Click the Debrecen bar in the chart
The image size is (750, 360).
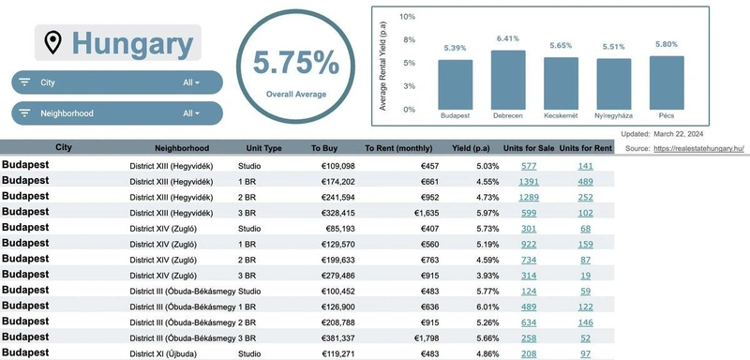pos(508,80)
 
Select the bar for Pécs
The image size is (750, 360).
pos(667,82)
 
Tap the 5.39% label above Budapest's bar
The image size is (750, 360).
pos(455,48)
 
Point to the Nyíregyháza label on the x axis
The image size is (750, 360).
pos(614,115)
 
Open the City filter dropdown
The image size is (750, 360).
pos(117,82)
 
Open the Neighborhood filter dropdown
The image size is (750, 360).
pos(117,113)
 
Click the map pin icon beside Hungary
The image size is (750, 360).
pos(52,42)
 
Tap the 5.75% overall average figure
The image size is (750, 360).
pos(296,63)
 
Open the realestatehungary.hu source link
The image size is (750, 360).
pos(698,149)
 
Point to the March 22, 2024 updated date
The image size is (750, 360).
pos(678,134)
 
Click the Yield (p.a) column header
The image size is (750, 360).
pos(472,148)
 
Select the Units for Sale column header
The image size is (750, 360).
pos(529,148)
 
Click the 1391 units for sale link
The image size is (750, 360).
pos(529,182)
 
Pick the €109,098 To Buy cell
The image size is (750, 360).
pos(338,166)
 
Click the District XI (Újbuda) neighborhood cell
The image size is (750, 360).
pos(163,354)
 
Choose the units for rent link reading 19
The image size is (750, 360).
pos(585,276)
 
